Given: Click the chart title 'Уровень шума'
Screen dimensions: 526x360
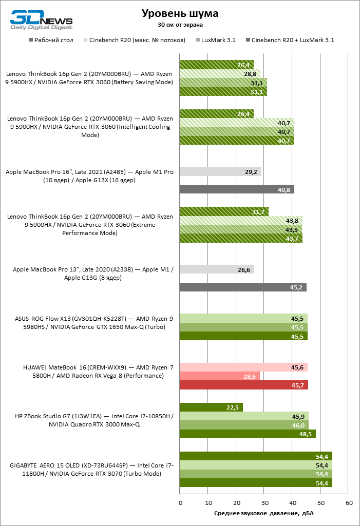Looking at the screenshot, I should coord(180,14).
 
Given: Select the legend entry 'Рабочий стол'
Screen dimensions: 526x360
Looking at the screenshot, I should coord(51,40).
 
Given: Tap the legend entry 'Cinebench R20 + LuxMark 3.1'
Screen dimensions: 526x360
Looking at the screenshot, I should coord(290,40).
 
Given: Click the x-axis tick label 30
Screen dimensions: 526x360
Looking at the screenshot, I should coord(264,503).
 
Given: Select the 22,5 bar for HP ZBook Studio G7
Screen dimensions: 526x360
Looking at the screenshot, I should coord(211,407).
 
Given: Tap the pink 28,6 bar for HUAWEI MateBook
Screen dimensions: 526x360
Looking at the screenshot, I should coord(220,376).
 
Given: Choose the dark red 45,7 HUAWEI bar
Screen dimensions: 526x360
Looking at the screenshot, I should coord(243,385).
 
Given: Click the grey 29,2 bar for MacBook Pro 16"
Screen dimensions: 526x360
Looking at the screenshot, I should coord(220,171).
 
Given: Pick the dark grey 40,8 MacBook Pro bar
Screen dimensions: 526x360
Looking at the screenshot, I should coord(237,189).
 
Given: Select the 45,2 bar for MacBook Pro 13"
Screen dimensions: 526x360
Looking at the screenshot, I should coord(243,287).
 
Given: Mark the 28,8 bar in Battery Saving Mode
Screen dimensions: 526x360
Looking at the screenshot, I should coord(220,74).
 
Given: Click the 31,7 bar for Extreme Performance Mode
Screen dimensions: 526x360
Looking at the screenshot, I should coord(224,211).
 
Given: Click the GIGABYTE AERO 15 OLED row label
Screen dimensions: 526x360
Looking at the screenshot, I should coord(92,470).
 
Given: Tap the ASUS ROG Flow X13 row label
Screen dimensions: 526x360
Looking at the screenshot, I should coord(92,323).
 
